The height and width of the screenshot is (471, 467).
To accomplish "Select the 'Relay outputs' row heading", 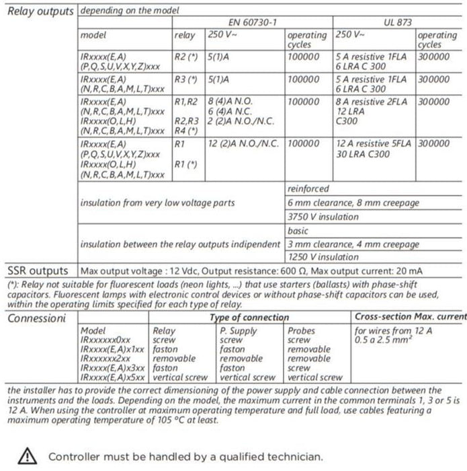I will (39, 11).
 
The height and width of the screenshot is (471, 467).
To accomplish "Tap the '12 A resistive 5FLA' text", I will (374, 143).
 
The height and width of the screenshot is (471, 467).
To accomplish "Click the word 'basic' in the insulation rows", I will (298, 231).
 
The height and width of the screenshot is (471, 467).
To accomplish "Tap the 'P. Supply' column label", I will (239, 331).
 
